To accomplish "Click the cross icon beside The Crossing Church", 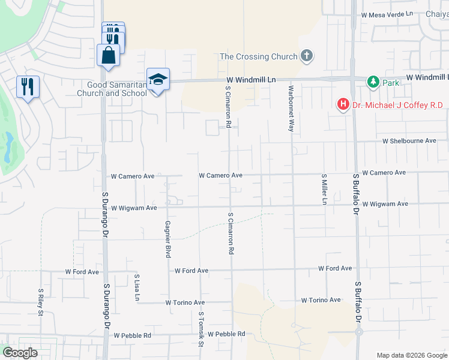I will [x=307, y=56].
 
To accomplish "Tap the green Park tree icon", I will [x=373, y=82].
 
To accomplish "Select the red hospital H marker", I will [x=343, y=105].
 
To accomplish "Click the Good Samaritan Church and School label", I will [x=113, y=89].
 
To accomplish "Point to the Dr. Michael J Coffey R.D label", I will [x=397, y=106].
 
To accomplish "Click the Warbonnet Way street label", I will [x=291, y=109].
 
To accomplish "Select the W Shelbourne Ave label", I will [x=409, y=141].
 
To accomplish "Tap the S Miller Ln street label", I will [x=324, y=190].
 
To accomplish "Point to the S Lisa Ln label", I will [x=137, y=287].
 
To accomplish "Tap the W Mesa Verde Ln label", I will [x=387, y=14].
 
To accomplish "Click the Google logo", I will [x=20, y=353].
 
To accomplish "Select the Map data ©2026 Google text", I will [x=411, y=355].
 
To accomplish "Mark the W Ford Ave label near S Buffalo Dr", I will [x=335, y=268].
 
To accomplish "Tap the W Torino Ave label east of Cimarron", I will [x=321, y=300].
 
